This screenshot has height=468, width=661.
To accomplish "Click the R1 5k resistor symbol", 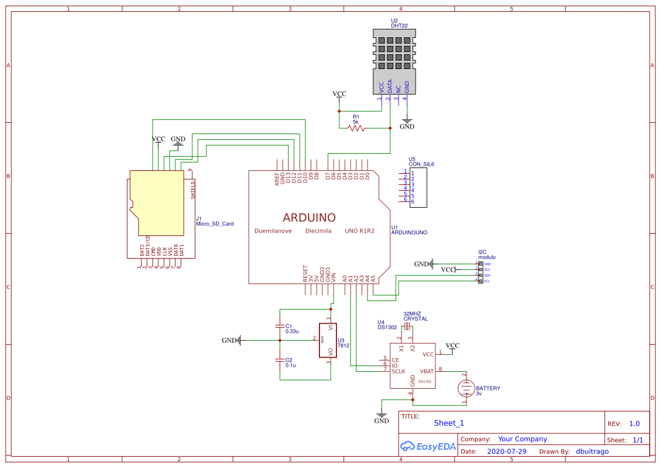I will click(x=356, y=128).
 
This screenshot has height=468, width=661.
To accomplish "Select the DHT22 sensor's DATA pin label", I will click(x=390, y=86).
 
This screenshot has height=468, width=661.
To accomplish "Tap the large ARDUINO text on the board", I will click(x=309, y=217).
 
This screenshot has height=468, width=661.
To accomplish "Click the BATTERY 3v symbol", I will click(x=465, y=388).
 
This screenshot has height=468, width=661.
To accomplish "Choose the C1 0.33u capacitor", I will click(x=279, y=327).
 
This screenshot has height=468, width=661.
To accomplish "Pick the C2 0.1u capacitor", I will click(x=279, y=360).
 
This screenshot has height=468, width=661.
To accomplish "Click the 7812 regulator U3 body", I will click(x=328, y=340).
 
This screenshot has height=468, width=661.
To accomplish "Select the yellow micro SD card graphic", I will click(x=157, y=203).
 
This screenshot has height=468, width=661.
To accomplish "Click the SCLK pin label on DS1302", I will click(x=399, y=371).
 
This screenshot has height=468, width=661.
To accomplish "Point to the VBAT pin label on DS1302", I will click(x=427, y=372).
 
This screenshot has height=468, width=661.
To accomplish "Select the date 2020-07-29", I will click(x=507, y=452).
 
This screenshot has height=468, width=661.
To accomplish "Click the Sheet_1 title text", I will click(x=449, y=423).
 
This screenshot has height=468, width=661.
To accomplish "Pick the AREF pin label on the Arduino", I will click(x=277, y=179).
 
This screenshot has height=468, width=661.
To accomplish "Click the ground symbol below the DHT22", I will click(x=406, y=121).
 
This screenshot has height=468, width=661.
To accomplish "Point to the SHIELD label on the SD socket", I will click(x=193, y=190).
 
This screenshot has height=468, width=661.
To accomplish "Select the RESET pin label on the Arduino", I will click(x=305, y=274).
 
